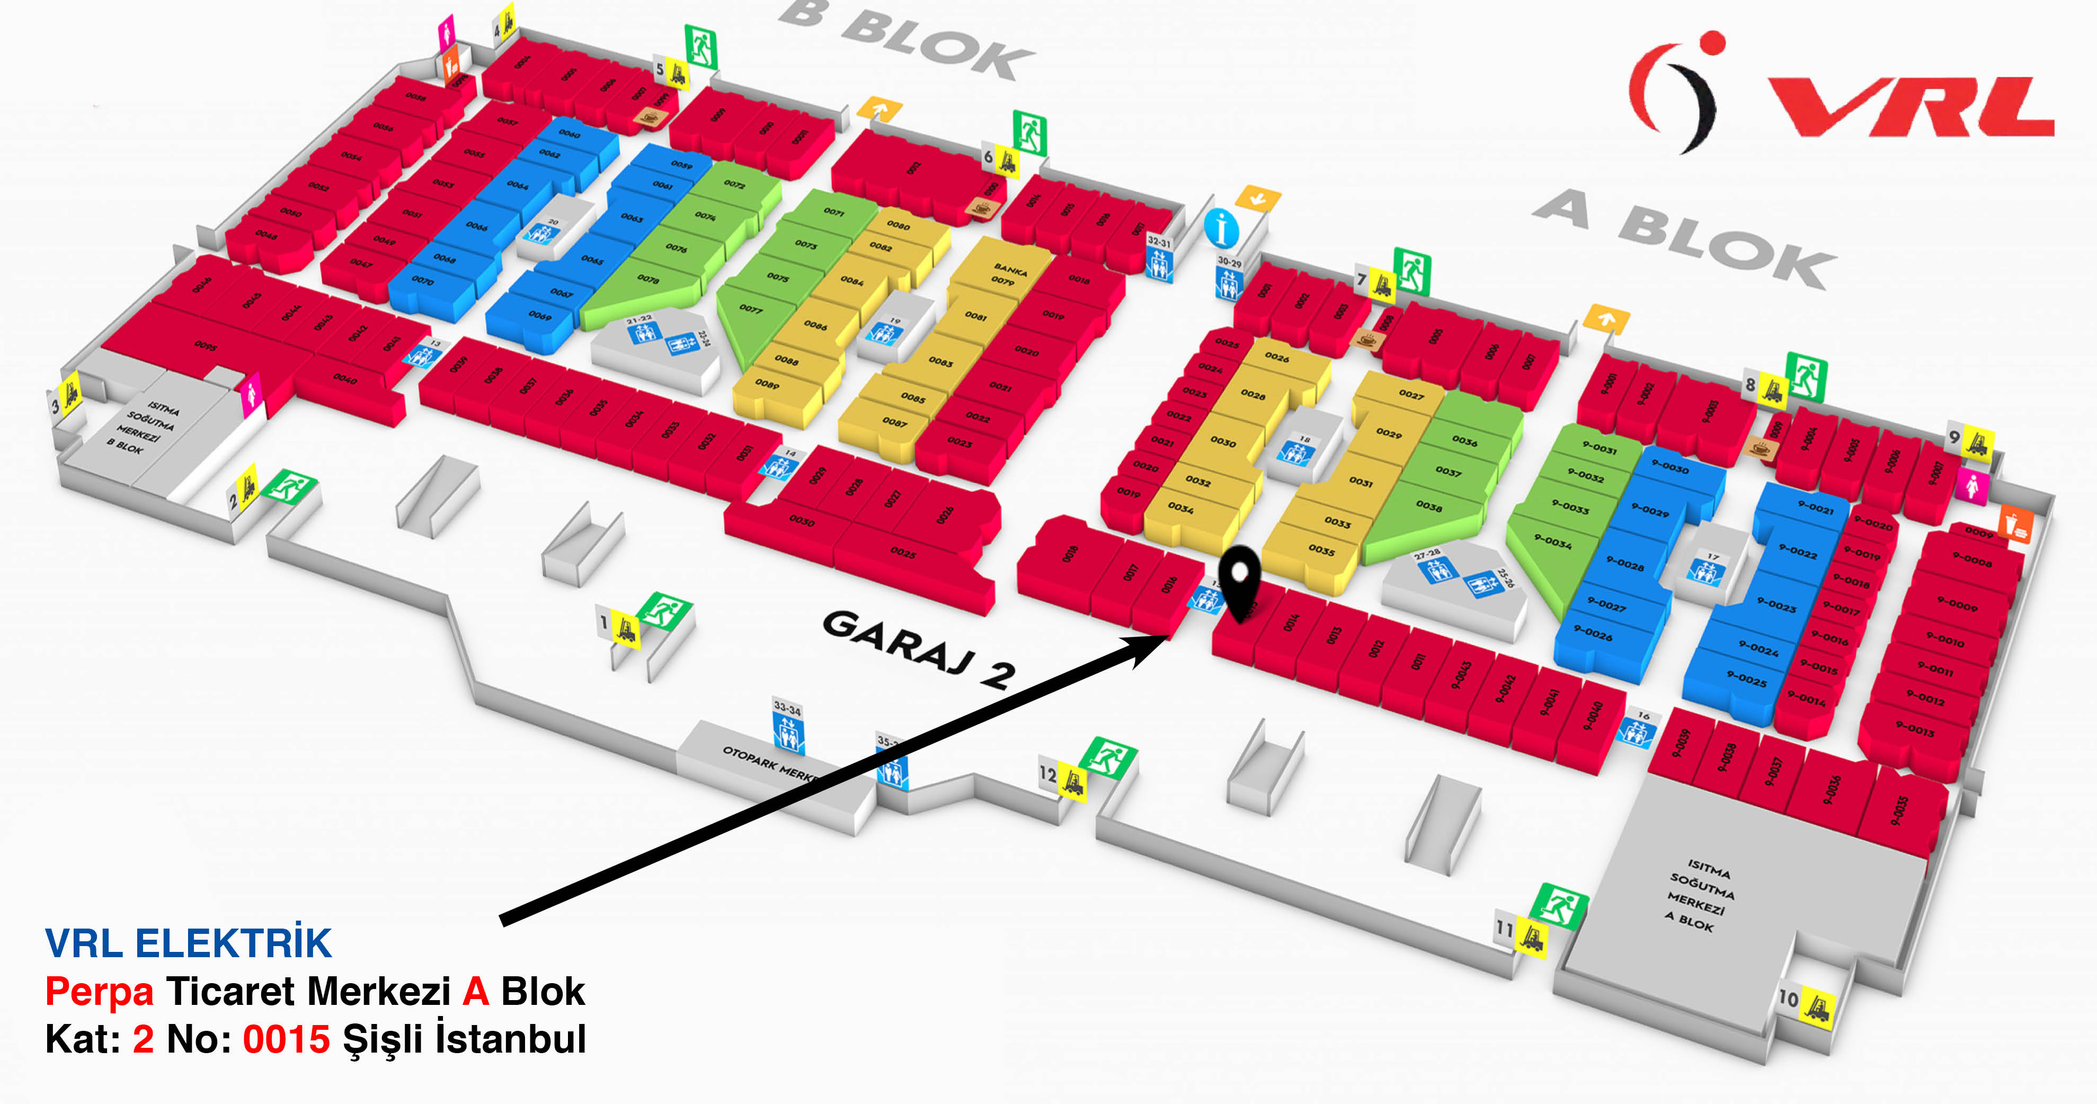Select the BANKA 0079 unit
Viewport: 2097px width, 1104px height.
(1006, 275)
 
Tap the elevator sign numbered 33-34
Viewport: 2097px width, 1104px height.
(787, 725)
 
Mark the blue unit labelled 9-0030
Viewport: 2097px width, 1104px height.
(1669, 468)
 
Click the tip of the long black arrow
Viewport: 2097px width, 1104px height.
(1170, 638)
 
